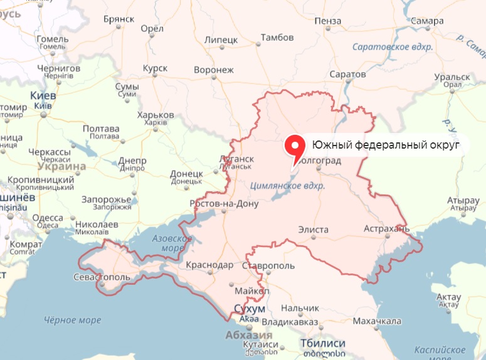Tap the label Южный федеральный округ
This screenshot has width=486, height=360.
click(382, 146)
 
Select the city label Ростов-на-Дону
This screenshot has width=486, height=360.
click(225, 204)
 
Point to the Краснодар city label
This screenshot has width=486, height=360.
click(209, 265)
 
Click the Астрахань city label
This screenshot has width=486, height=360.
click(386, 229)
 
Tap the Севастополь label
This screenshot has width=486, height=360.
click(102, 277)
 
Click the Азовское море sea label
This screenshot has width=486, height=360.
click(171, 243)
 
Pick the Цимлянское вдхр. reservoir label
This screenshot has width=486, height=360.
click(287, 186)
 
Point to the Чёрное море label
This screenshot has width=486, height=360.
click(72, 320)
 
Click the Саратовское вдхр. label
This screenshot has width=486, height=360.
click(389, 47)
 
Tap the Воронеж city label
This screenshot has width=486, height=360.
click(214, 70)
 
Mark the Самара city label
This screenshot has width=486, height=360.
click(429, 21)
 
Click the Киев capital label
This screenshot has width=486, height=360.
click(43, 96)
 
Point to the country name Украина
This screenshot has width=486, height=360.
click(61, 167)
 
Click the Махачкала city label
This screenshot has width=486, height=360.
click(377, 321)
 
